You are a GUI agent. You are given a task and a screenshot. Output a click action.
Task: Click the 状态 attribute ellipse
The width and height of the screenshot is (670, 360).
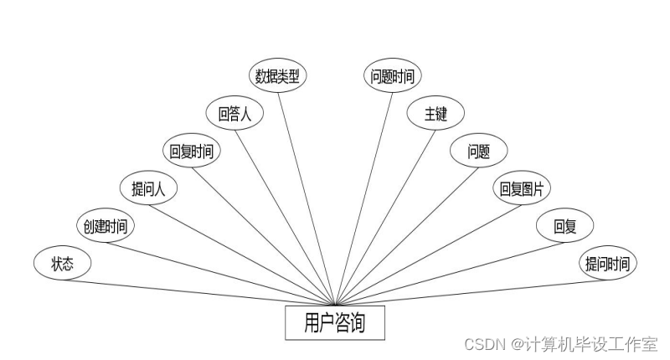coord(62,265)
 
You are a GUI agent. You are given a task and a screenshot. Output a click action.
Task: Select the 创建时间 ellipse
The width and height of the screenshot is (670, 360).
coord(105,226)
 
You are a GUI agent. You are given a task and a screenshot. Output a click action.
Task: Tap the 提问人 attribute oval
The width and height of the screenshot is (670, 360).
coord(148,188)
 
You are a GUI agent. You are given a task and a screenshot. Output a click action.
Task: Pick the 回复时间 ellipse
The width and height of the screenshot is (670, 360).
coord(191,152)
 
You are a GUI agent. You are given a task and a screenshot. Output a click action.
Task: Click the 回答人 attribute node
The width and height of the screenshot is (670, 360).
coord(234,114)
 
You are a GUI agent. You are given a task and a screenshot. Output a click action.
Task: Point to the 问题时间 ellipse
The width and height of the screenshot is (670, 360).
coord(393,76)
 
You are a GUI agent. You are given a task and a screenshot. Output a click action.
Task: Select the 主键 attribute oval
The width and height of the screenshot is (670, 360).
coord(435,114)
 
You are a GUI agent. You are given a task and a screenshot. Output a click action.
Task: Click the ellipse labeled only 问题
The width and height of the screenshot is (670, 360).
coord(478,152)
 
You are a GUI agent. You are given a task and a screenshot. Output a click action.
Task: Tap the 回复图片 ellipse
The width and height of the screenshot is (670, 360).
coord(521,189)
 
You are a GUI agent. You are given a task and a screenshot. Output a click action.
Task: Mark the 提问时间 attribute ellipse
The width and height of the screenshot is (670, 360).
coord(609,265)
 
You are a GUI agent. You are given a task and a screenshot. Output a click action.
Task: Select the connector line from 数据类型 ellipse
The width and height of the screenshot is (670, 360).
coord(308,196)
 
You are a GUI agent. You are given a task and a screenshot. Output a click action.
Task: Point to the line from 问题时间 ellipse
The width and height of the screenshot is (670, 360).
coord(363,198)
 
